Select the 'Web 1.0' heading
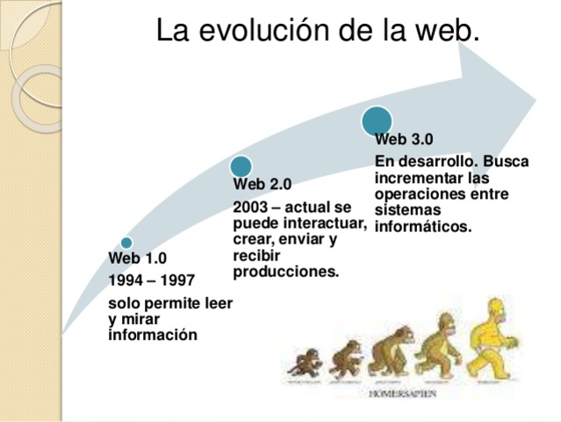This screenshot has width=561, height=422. [x=138, y=258]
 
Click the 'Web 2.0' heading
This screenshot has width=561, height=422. [x=263, y=184]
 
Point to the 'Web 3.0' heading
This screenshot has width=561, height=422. [x=404, y=139]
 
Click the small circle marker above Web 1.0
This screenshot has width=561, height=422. [x=126, y=243]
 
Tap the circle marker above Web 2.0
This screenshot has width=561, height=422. [x=241, y=165]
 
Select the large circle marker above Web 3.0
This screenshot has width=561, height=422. [x=377, y=120]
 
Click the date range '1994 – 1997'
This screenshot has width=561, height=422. [x=152, y=280]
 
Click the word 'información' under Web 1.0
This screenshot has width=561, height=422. [x=153, y=335]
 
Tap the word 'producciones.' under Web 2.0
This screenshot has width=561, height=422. [x=286, y=272]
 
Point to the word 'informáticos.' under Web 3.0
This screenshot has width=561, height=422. [x=423, y=226]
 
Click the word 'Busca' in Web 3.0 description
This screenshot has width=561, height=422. [x=506, y=162]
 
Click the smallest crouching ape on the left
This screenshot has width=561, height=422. [x=306, y=363]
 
